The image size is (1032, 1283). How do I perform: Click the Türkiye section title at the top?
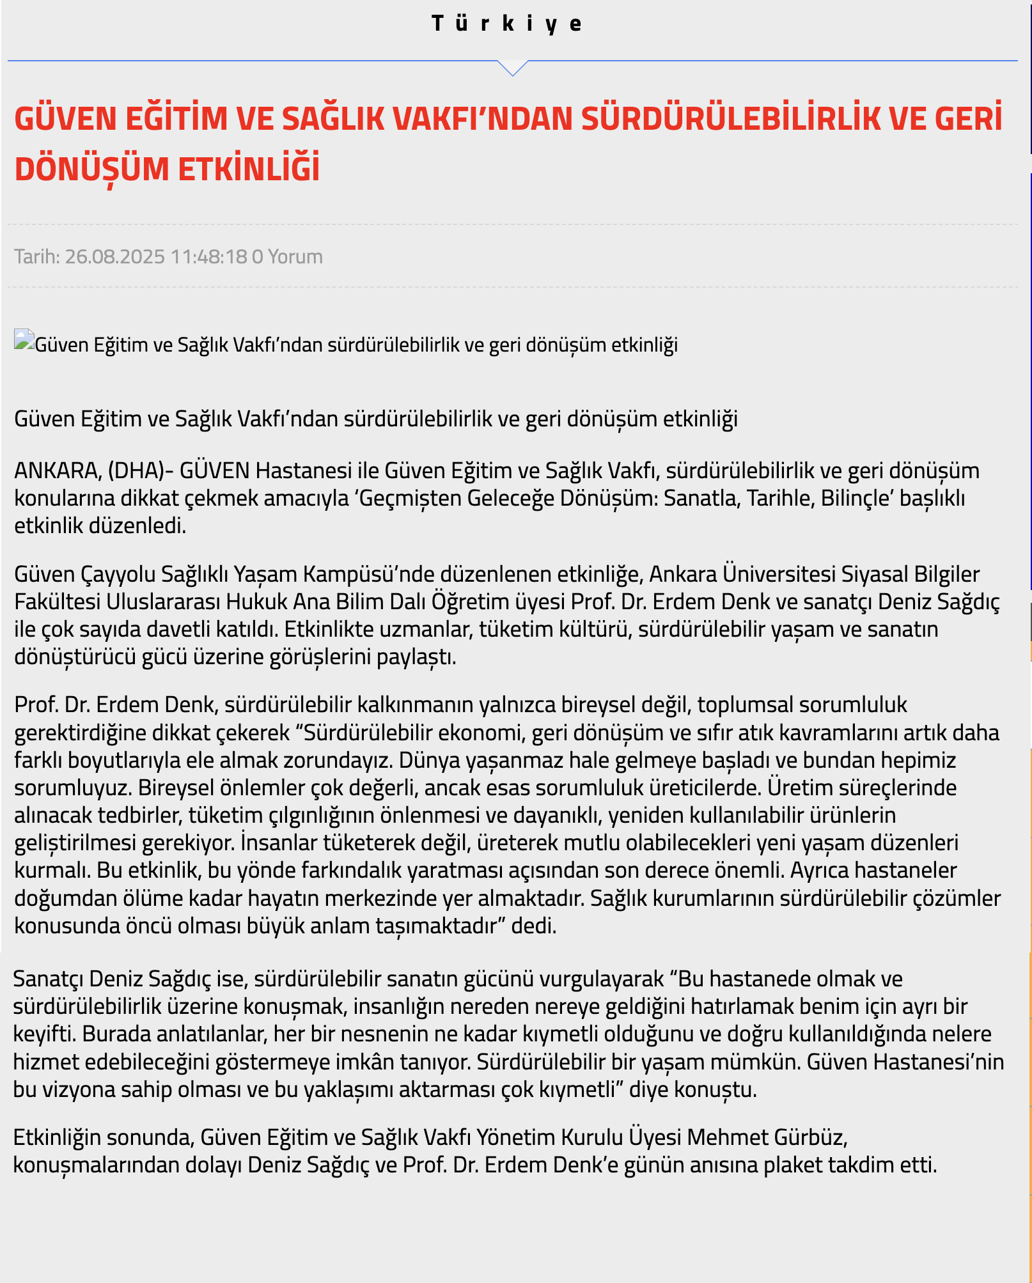[506, 24]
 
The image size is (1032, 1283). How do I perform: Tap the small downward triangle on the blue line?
[513, 67]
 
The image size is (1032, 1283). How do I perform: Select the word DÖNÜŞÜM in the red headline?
[91, 169]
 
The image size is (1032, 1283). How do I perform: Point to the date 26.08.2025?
[114, 256]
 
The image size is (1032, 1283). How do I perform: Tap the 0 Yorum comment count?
[287, 256]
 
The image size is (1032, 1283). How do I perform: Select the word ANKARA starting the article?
[56, 470]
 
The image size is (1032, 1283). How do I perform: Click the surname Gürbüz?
[811, 1137]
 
